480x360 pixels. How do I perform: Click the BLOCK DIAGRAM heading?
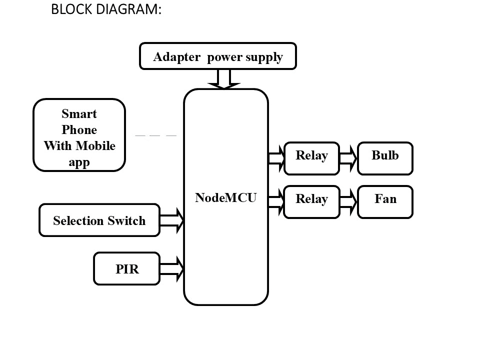tap(106, 9)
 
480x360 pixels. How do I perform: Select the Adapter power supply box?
tap(217, 56)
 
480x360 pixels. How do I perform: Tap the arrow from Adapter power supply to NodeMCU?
tap(224, 79)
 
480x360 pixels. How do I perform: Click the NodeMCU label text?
tap(225, 197)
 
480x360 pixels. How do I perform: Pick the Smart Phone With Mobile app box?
tap(79, 135)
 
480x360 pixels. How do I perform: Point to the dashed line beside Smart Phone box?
tap(155, 135)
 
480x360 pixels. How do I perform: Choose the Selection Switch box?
tap(99, 220)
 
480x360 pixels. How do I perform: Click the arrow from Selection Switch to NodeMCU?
tap(172, 220)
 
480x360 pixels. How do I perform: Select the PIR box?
tap(126, 269)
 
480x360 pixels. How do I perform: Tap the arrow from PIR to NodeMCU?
tap(172, 269)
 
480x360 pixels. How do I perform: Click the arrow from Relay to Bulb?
tap(348, 158)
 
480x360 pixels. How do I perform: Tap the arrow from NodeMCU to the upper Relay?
tap(276, 158)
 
